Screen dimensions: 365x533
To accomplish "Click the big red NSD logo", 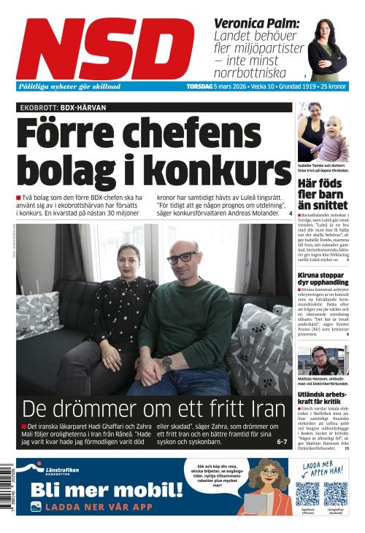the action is pyautogui.click(x=105, y=48).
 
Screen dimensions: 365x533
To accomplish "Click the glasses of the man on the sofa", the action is pyautogui.click(x=182, y=257).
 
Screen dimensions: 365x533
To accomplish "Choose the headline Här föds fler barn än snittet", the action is pyautogui.click(x=323, y=193).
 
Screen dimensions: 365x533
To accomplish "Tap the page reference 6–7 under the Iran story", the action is pyautogui.click(x=282, y=441).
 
